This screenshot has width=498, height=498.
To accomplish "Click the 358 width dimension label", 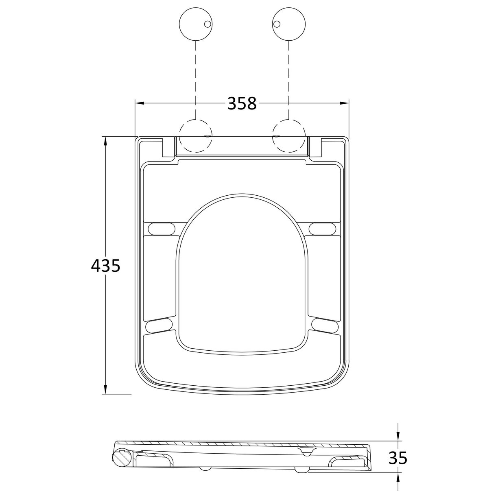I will point(242,103).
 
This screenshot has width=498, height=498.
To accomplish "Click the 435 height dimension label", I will point(105,266).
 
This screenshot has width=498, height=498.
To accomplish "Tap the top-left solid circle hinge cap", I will point(196,24).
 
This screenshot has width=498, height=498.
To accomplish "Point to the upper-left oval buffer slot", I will point(162,229).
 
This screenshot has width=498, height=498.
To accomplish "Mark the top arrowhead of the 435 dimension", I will point(105,141).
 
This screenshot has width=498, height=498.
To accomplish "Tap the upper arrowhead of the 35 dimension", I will point(398,437).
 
